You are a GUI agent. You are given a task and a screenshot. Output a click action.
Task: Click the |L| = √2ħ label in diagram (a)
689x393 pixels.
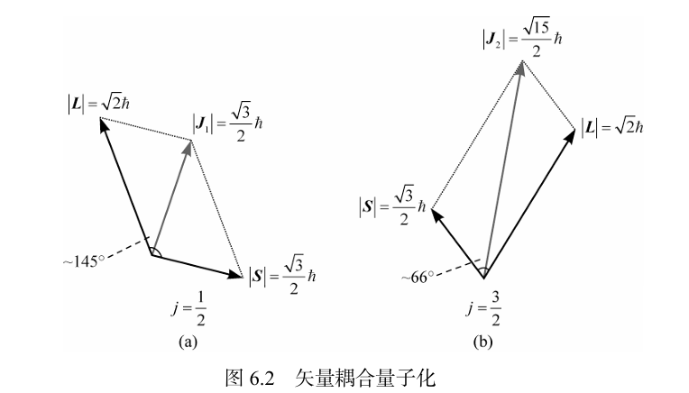tap(99, 104)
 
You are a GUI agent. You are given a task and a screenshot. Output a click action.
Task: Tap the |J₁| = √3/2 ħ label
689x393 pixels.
tap(227, 123)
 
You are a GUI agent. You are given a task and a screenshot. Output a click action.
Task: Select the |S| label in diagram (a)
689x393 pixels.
tap(282, 275)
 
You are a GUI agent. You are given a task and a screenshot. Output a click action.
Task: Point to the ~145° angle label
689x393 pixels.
tap(84, 261)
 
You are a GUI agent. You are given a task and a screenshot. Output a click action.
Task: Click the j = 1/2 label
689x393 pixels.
tap(189, 308)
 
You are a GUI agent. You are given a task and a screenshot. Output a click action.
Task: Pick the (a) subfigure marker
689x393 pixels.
tap(188, 342)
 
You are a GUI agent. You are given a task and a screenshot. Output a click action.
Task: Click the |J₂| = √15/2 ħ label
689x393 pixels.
tap(522, 38)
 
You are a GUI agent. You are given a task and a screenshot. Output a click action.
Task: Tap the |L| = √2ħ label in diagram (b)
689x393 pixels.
tap(612, 128)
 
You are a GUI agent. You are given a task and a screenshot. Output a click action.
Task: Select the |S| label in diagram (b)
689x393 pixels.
tap(392, 205)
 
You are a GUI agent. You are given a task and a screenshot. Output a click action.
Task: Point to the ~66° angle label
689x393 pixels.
tap(418, 277)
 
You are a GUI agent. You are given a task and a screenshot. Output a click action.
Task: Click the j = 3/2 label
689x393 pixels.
tap(483, 308)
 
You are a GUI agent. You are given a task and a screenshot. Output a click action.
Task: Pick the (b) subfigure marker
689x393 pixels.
tap(482, 342)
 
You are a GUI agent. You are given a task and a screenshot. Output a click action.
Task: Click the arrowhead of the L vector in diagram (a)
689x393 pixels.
tap(104, 124)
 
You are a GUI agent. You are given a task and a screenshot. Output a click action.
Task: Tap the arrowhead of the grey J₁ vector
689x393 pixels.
tap(188, 147)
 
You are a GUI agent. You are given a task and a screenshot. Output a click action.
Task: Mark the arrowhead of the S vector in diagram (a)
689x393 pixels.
tap(234, 274)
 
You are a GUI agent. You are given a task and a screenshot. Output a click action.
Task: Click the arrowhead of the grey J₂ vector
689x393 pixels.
tap(521, 68)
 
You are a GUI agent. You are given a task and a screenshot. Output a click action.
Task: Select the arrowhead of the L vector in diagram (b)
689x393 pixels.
tap(569, 136)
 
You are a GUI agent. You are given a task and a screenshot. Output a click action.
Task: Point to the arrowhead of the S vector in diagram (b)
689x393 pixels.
tap(436, 215)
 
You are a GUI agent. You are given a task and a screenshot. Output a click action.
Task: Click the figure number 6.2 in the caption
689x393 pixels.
tap(262, 377)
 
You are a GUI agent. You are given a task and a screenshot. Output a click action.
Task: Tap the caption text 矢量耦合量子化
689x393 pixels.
tap(365, 377)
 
